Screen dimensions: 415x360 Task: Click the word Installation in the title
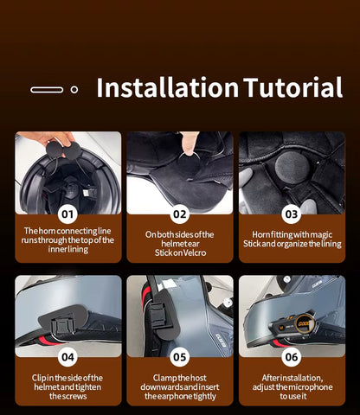167,88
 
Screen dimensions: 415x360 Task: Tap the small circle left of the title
74,89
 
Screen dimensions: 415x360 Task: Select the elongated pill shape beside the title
47,89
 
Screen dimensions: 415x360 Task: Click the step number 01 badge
67,214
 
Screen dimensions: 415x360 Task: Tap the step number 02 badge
179,214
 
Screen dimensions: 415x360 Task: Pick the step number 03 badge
291,214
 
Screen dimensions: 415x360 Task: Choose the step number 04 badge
67,356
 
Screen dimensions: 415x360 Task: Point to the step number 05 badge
179,356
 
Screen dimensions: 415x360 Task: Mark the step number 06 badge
291,356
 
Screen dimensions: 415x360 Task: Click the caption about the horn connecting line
67,240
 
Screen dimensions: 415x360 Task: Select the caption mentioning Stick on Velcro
179,243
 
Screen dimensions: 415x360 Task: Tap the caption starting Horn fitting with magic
291,239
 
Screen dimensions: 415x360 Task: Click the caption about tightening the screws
67,386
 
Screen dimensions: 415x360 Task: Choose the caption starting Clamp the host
179,386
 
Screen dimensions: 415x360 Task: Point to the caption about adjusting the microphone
291,386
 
